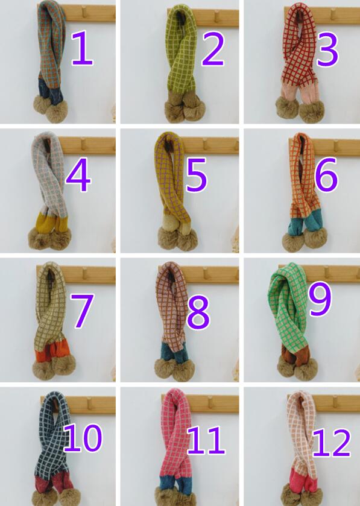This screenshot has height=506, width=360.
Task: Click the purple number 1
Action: click(x=83, y=48)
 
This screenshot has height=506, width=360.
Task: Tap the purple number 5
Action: click(x=196, y=174)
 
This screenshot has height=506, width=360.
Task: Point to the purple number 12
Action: click(x=331, y=443)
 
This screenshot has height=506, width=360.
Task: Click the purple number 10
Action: click(x=83, y=438)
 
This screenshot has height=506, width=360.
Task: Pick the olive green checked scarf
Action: click(x=182, y=65)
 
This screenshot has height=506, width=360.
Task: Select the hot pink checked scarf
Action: click(x=177, y=447)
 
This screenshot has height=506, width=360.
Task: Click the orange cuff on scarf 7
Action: click(x=53, y=350)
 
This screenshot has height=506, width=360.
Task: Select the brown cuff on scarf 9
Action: click(x=294, y=355)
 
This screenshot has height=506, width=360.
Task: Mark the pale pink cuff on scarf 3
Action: click(x=299, y=92)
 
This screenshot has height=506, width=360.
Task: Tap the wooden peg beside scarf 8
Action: click(x=204, y=273)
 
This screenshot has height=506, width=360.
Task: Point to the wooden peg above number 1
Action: click(x=85, y=11)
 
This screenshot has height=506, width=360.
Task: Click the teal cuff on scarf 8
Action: click(x=174, y=352)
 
